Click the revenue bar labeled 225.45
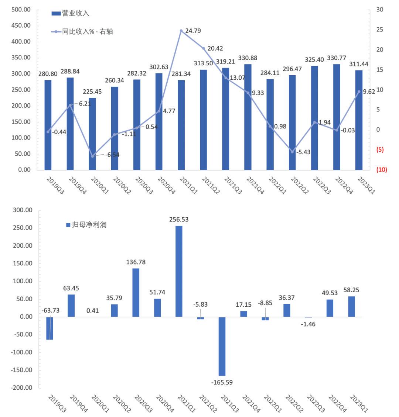[92, 134]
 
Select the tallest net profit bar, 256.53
[179, 271]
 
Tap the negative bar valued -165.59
[222, 346]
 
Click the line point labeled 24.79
[181, 31]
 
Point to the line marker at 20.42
[204, 48]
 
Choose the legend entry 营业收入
[71, 14]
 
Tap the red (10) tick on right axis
[381, 170]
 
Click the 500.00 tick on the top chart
[21, 10]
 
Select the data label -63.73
[50, 310]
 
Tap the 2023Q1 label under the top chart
[366, 185]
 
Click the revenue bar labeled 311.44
[359, 120]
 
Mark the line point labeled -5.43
[292, 152]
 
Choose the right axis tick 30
[379, 10]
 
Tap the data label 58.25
[351, 290]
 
